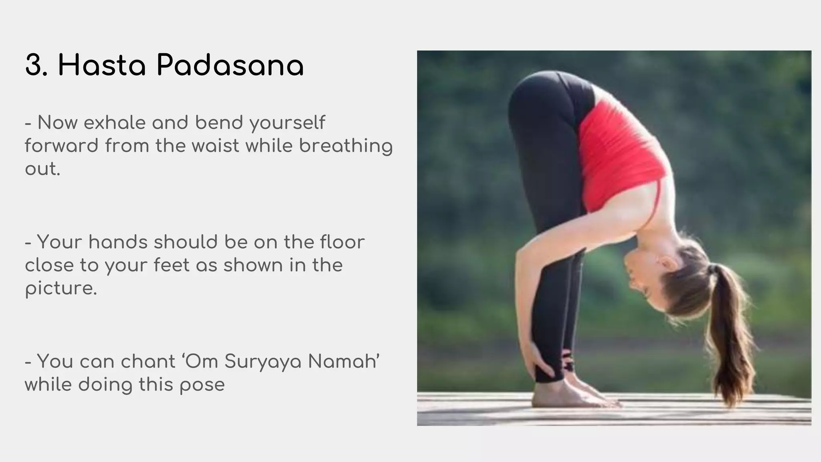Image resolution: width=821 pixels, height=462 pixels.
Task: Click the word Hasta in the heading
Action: pos(102,65)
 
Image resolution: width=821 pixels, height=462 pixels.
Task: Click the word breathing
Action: pos(346,146)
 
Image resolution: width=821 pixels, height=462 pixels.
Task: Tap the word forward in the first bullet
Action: pos(61,146)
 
